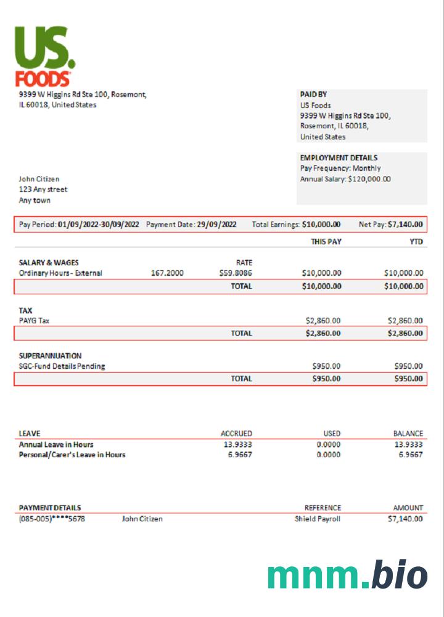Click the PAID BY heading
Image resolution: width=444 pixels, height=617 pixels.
[313, 94]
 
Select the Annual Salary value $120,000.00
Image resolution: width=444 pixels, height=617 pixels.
[369, 179]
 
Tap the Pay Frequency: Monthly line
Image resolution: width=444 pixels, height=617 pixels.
[340, 168]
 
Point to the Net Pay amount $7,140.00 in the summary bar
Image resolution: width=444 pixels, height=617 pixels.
[405, 225]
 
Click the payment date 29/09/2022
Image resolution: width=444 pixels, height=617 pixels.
[216, 225]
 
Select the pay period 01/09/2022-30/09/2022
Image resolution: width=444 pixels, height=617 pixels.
[99, 225]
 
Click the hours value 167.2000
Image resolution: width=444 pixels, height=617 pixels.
[167, 273]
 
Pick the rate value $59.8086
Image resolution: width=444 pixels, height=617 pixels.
[236, 273]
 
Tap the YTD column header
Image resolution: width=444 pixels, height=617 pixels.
[416, 242]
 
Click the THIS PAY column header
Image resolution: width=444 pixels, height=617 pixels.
[326, 242]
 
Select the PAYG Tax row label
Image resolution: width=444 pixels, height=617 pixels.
[34, 321]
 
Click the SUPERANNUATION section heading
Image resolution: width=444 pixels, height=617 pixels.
[50, 356]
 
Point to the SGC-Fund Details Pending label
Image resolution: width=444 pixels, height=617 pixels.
[62, 366]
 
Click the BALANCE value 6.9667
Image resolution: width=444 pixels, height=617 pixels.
[410, 455]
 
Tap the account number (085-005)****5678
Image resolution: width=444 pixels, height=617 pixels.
[52, 519]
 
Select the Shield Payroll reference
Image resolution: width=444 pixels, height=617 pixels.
[317, 519]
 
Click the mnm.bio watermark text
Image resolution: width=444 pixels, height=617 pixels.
[347, 575]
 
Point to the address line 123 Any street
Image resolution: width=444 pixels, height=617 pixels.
[43, 189]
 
